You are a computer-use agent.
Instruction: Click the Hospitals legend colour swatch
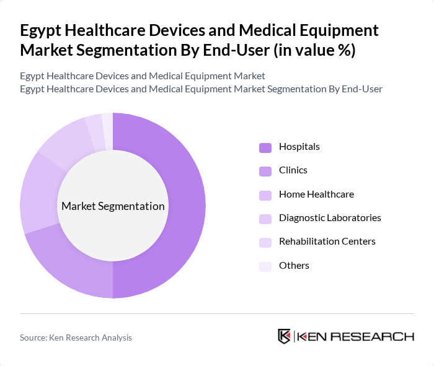tap(265, 147)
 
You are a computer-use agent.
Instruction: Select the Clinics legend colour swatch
tap(265, 171)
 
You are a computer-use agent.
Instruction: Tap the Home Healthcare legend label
tap(316, 194)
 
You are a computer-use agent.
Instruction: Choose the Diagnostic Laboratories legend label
tap(330, 218)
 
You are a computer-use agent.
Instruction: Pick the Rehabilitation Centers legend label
tap(327, 242)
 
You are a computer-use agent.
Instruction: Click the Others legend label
tap(294, 266)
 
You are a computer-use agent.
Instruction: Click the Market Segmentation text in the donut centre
tap(113, 206)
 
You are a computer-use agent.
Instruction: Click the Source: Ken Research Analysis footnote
tap(76, 338)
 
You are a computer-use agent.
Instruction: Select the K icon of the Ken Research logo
tap(284, 336)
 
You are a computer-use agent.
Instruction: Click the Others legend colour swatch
tap(265, 266)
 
